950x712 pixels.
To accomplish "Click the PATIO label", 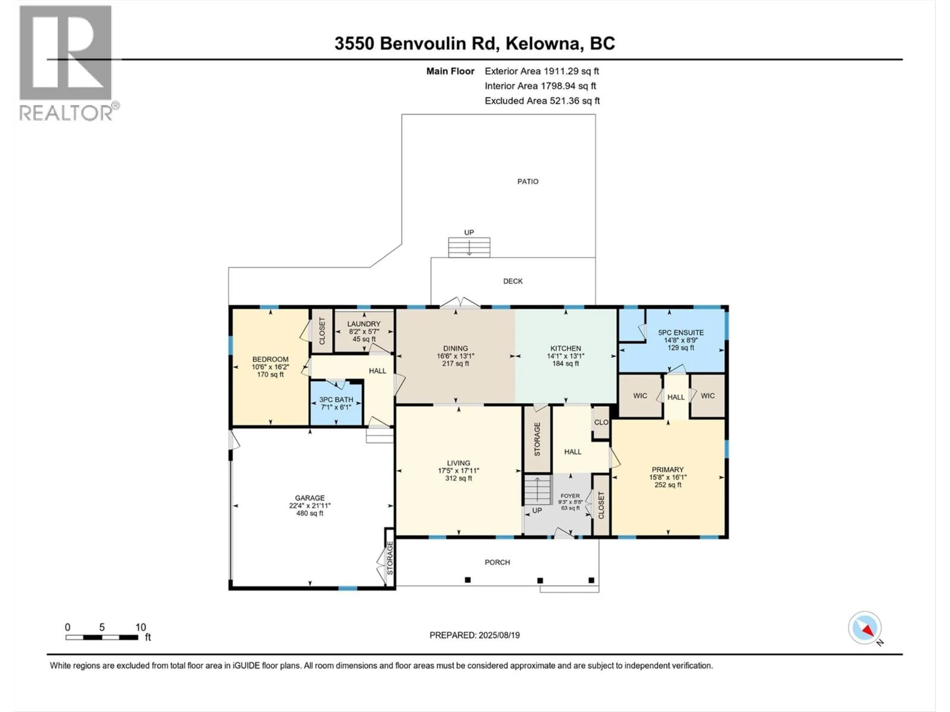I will point(527,181).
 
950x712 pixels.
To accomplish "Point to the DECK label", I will point(513,281).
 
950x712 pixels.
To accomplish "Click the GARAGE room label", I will point(310,498).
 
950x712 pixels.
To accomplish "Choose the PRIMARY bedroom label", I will point(667,469).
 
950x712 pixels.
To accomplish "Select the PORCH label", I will point(497,562).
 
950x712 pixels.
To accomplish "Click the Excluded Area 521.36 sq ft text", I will point(542,101).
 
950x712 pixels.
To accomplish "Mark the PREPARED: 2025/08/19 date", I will point(475,635).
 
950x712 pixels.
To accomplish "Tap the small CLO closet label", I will point(601,422).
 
